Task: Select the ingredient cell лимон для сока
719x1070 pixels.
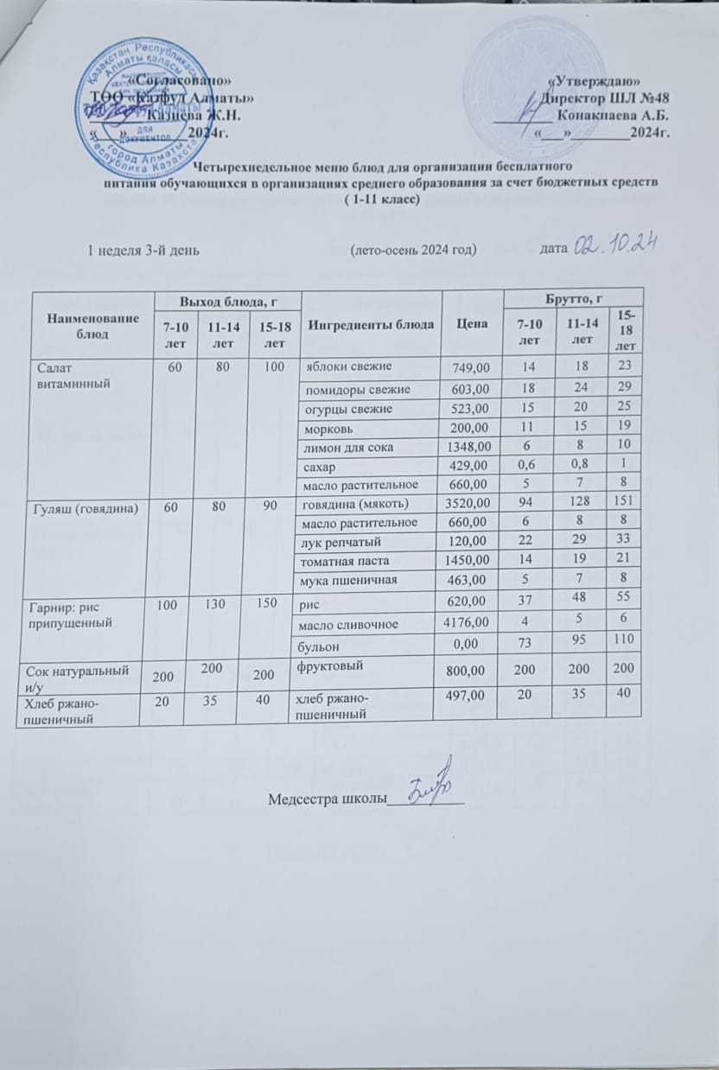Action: (336, 446)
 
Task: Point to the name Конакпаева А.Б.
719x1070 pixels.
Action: (615, 114)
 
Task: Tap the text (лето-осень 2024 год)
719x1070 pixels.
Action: (413, 250)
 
